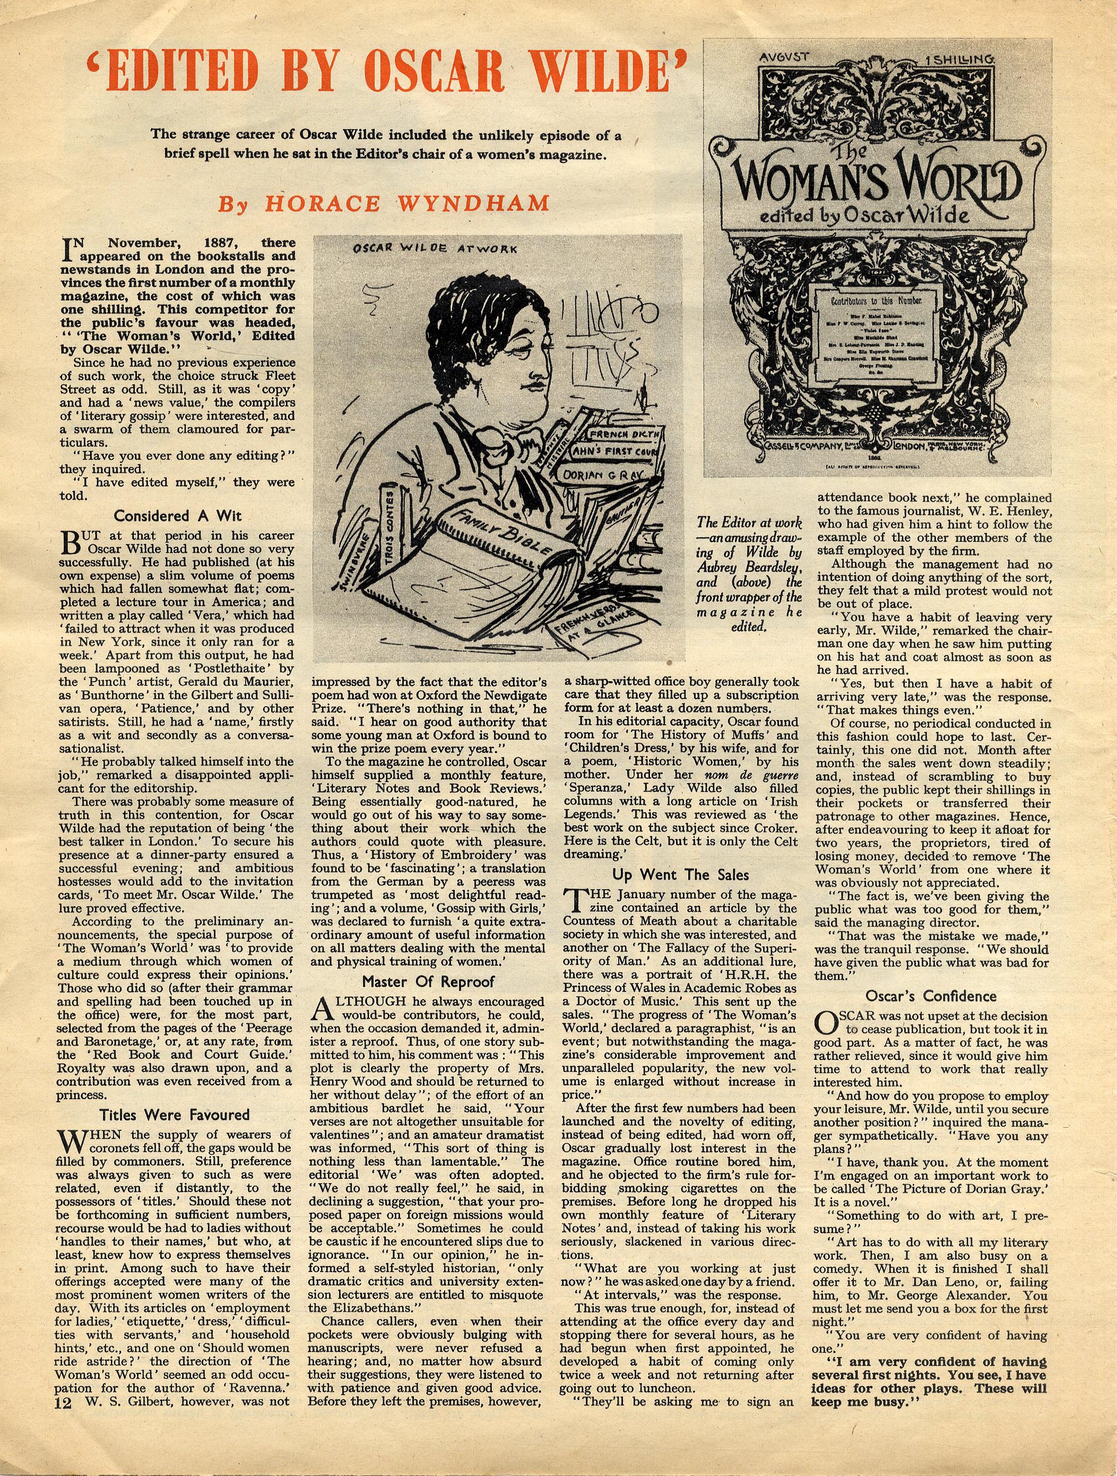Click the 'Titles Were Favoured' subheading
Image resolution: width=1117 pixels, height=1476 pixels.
point(174,1114)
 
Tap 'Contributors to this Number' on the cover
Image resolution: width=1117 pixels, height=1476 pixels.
point(875,302)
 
